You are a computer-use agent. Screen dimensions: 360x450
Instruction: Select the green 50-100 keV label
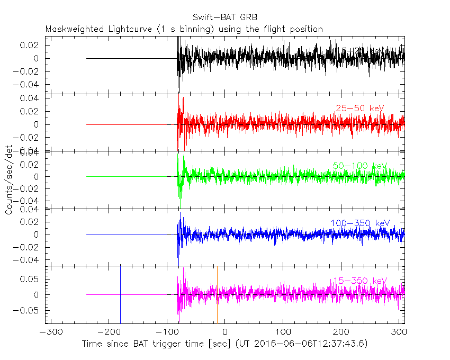tap(358, 166)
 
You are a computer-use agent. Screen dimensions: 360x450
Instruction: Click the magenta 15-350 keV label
tap(359, 280)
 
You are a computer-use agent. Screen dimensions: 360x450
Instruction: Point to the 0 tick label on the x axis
tap(225, 334)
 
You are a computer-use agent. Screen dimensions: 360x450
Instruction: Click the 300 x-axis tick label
tap(399, 334)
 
